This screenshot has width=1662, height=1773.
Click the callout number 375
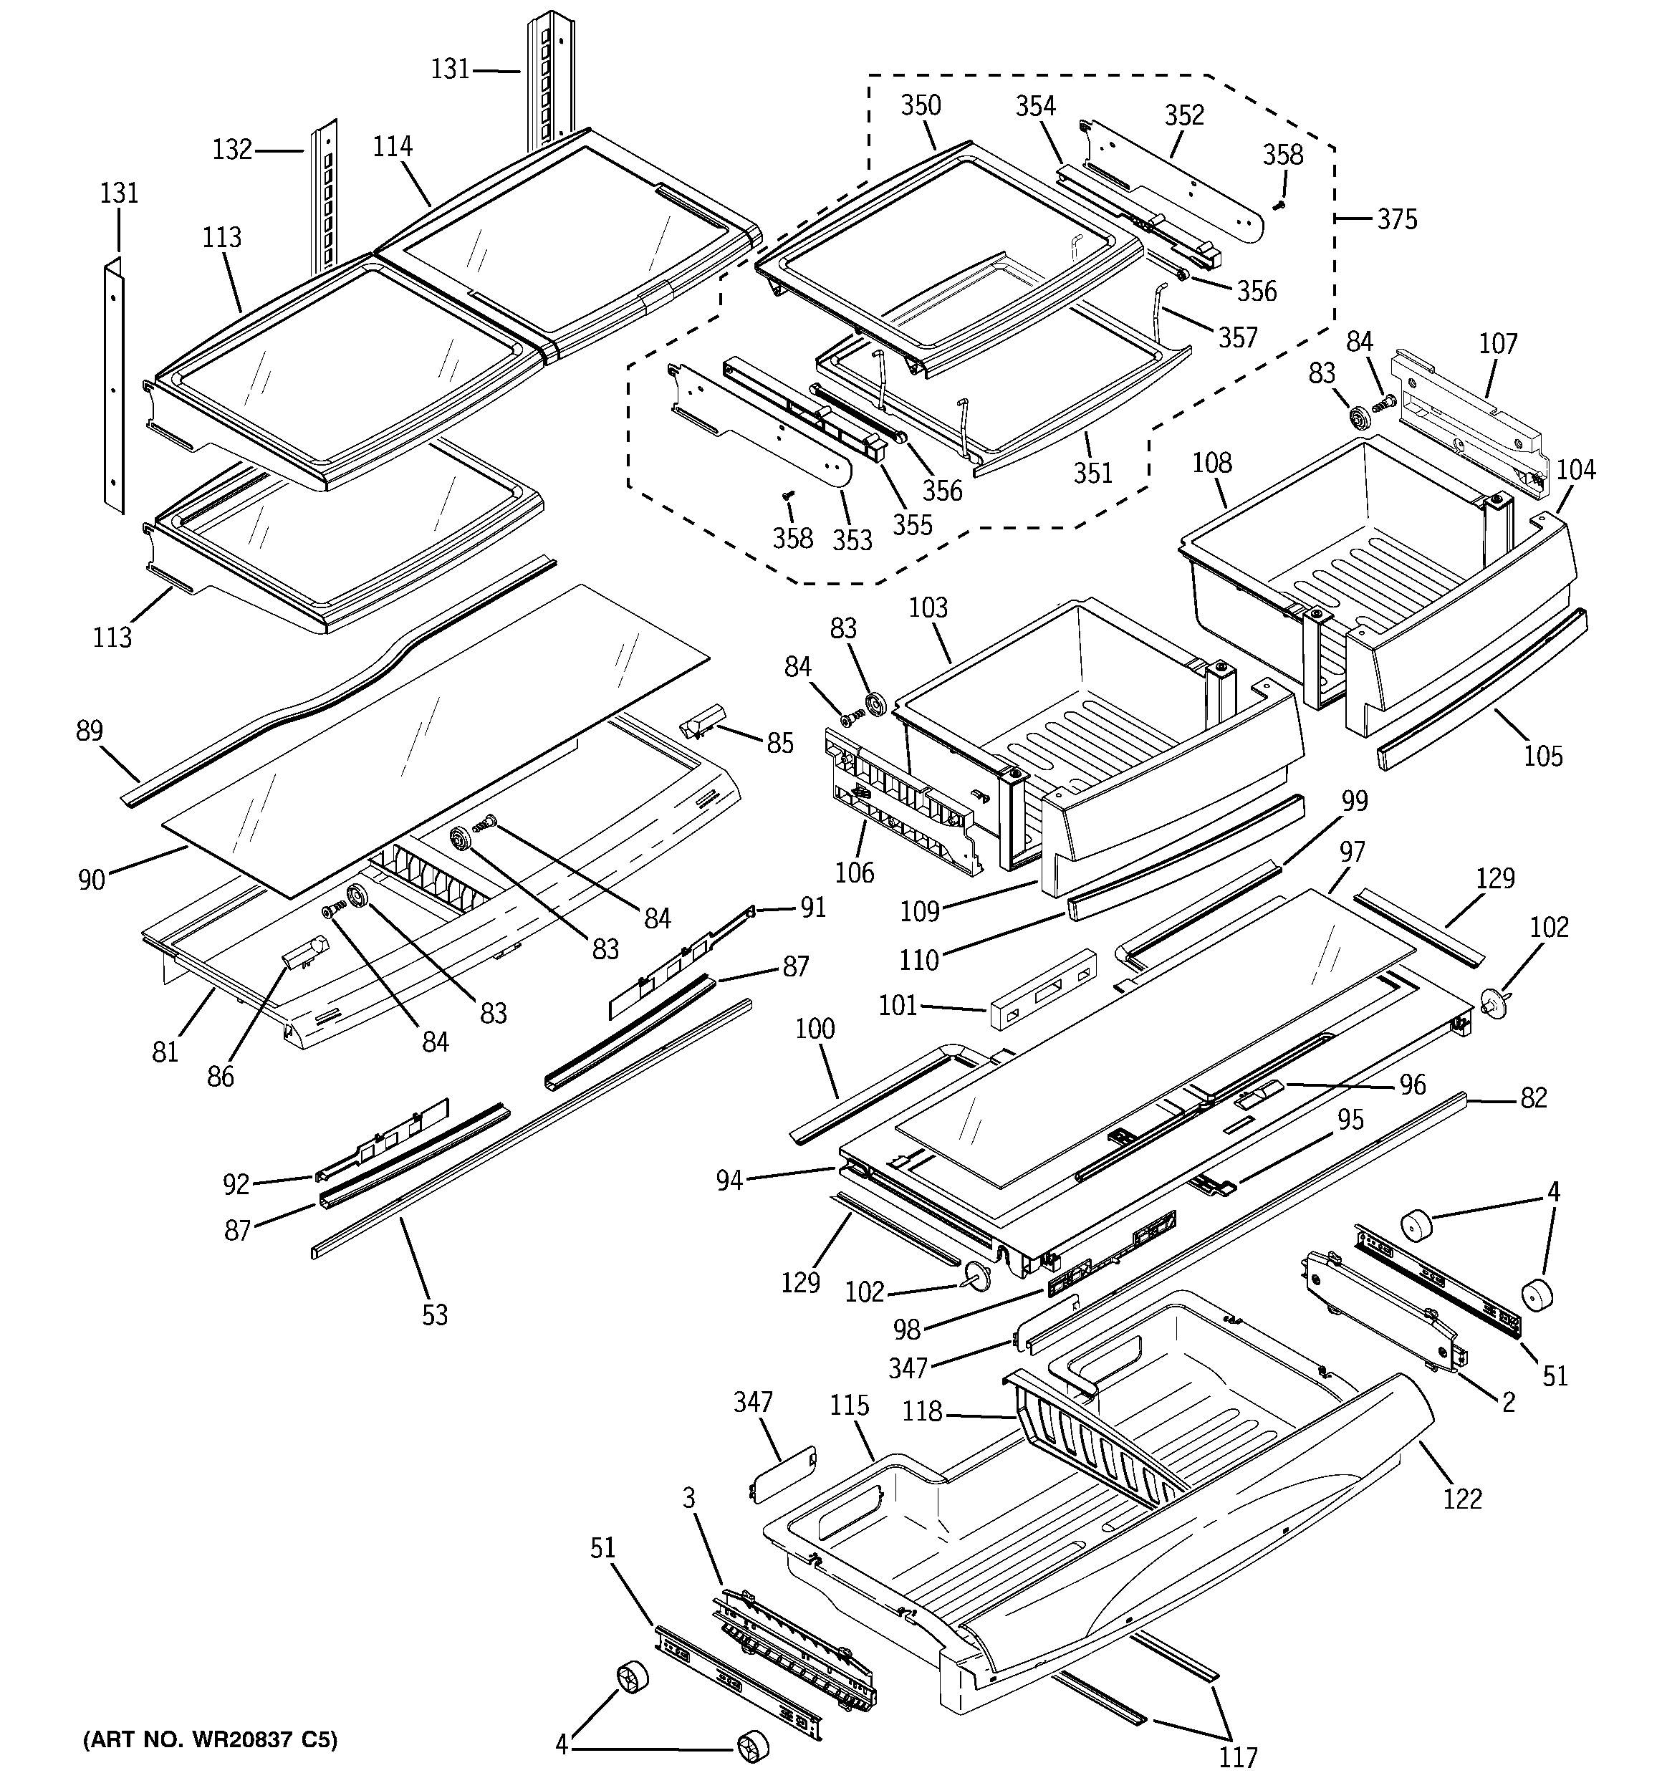click(1397, 219)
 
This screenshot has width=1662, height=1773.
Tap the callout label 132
click(233, 150)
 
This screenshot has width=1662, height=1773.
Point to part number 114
click(393, 147)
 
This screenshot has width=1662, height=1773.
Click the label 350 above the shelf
click(921, 106)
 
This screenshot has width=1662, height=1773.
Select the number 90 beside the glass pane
click(92, 880)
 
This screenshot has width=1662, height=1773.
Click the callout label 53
click(434, 1315)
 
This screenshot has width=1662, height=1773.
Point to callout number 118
click(921, 1412)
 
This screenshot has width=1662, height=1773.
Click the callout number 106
click(855, 871)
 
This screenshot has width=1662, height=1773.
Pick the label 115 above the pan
click(850, 1406)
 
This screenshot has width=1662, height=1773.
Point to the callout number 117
click(1238, 1757)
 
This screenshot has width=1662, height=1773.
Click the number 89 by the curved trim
click(90, 731)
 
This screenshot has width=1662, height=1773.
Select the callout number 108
click(1211, 463)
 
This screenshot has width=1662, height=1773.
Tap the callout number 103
click(928, 608)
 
